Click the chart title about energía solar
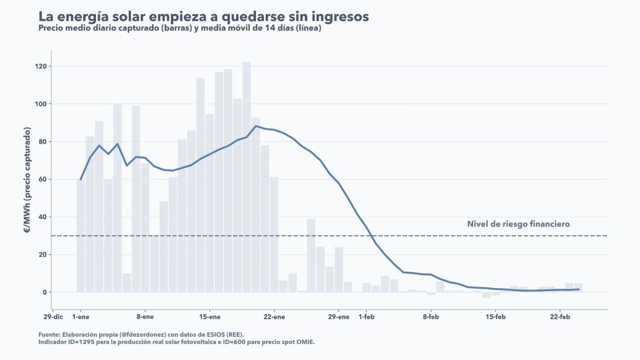click(203, 17)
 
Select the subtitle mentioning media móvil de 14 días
click(180, 28)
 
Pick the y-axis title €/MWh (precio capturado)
click(27, 181)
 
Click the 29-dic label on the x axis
click(53, 317)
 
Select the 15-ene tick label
click(210, 317)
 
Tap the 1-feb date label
click(367, 317)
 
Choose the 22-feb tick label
click(559, 317)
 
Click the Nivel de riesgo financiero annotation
click(518, 224)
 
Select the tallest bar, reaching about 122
click(246, 176)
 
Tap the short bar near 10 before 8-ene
click(126, 283)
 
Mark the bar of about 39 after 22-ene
click(311, 255)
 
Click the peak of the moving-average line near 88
click(256, 126)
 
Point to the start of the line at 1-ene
click(81, 180)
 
